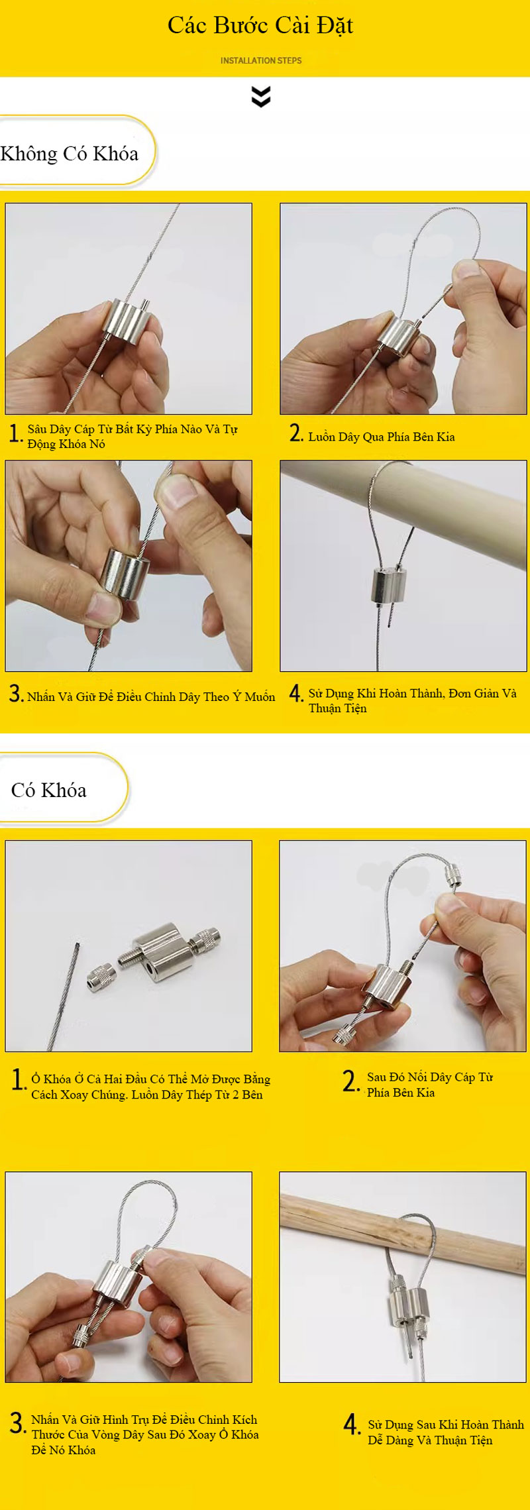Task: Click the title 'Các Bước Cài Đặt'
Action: click(x=260, y=26)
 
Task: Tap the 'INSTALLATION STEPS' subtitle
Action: click(x=261, y=60)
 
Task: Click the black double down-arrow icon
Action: click(x=261, y=97)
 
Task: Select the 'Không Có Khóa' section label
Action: click(x=70, y=154)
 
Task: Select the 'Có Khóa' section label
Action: click(x=49, y=790)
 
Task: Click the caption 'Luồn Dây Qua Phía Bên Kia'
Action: click(x=382, y=437)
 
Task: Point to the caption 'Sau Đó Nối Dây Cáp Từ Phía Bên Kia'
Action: click(x=430, y=1085)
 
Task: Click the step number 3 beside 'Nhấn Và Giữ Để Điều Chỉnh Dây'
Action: click(x=16, y=694)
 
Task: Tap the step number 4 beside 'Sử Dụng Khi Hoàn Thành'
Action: click(x=296, y=694)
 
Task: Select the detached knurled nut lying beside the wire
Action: click(x=101, y=977)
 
